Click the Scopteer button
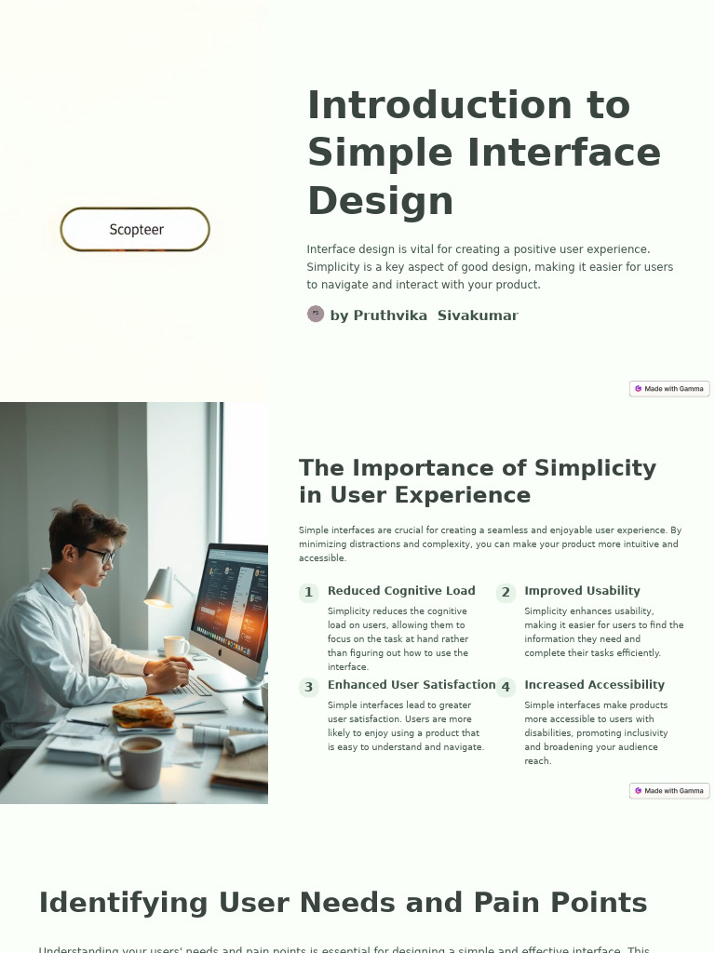tap(135, 230)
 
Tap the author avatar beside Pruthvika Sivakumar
tap(316, 315)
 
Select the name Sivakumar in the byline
tap(478, 315)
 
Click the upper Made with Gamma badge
tap(669, 389)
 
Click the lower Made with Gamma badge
tap(669, 791)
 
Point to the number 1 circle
tap(309, 593)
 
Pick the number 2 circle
tap(506, 593)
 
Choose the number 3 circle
tap(309, 688)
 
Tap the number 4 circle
tap(506, 688)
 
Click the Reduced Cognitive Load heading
tap(401, 591)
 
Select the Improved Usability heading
tap(582, 591)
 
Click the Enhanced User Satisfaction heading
tap(411, 685)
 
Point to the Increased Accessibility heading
tap(594, 685)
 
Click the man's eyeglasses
tap(101, 555)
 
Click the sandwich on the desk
tap(143, 713)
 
